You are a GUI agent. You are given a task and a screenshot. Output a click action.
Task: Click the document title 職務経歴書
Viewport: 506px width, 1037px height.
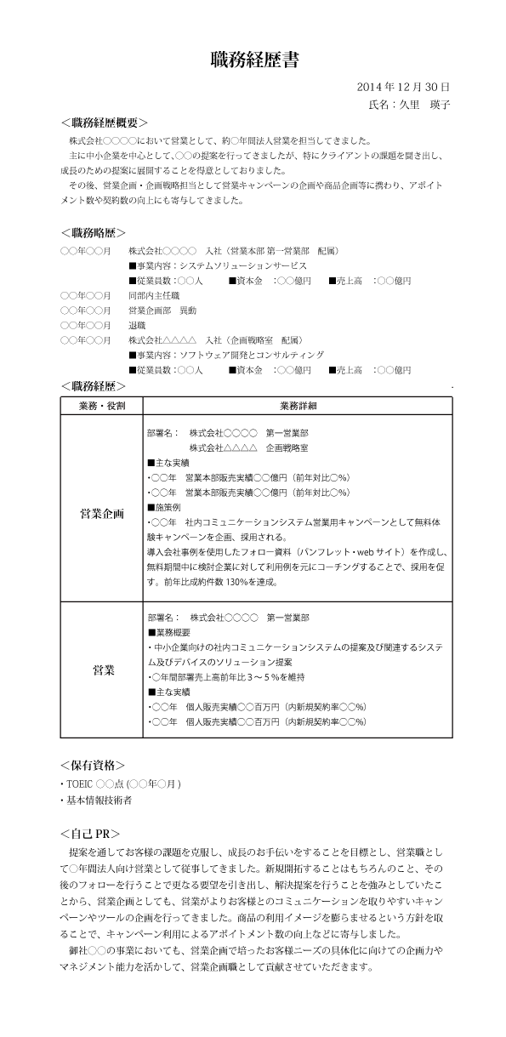tap(253, 60)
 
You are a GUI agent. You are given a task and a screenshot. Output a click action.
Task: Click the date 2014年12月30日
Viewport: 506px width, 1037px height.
tap(403, 87)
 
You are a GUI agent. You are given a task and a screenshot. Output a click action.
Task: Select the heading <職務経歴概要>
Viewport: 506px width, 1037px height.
tap(105, 123)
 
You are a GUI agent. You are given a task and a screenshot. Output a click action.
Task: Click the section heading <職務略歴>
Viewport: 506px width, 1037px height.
tap(94, 231)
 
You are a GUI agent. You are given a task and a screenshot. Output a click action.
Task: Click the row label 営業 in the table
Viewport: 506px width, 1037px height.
tap(101, 670)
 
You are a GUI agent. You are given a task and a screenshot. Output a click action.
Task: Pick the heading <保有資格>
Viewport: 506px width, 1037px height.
tap(94, 765)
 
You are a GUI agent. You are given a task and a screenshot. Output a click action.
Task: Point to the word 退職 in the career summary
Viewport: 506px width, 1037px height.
tap(137, 325)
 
